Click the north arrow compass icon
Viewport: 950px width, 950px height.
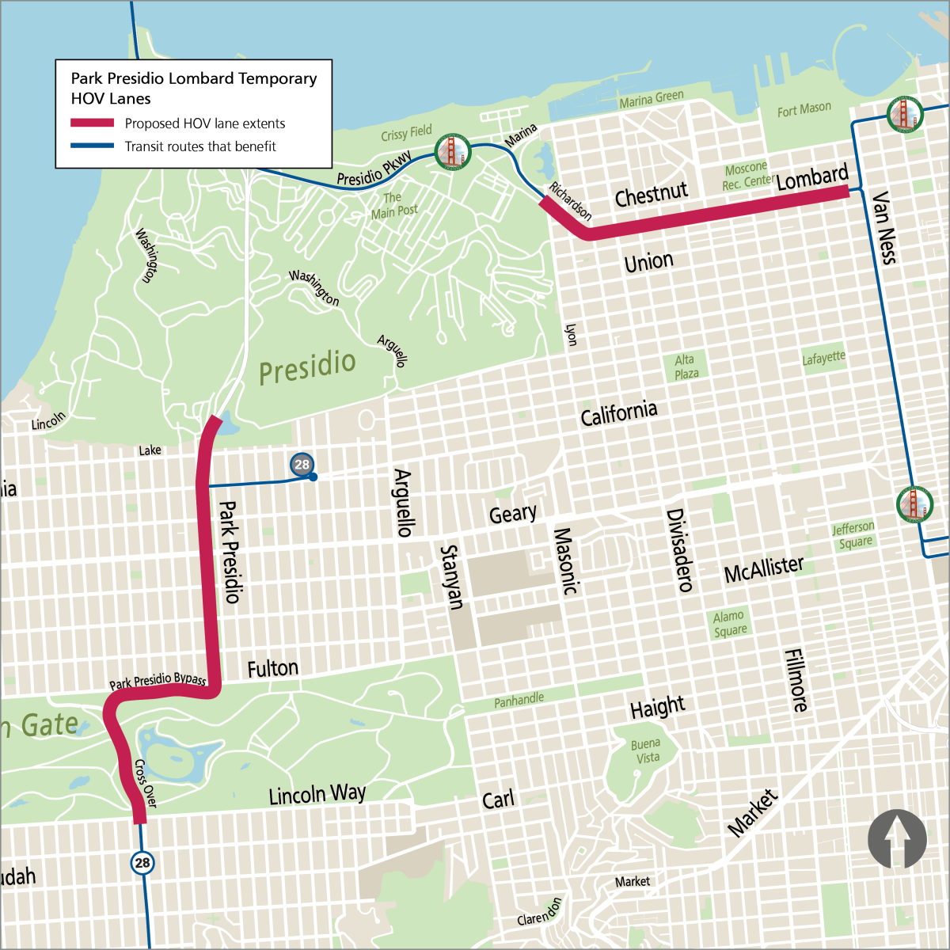point(897,838)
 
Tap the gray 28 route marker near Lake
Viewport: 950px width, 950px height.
point(302,465)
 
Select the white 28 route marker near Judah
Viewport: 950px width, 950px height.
point(142,862)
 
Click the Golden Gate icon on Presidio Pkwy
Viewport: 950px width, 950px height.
point(453,150)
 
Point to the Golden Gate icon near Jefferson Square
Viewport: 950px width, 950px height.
point(914,503)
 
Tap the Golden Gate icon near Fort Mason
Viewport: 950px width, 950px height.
point(905,114)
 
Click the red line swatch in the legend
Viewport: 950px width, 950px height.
point(93,123)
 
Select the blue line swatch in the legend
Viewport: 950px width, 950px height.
point(93,146)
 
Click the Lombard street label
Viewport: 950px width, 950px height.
point(811,177)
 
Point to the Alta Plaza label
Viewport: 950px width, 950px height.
point(686,367)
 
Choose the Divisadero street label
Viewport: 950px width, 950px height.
point(679,549)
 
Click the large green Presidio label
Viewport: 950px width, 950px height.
point(307,367)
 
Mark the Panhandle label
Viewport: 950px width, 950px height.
point(519,700)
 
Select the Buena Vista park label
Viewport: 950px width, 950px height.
point(646,750)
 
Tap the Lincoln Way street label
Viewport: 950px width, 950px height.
point(317,794)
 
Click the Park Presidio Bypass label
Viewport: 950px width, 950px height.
point(158,681)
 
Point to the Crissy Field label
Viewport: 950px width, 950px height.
point(406,132)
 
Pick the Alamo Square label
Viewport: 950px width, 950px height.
point(729,623)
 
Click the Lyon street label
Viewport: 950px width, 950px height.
point(570,334)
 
